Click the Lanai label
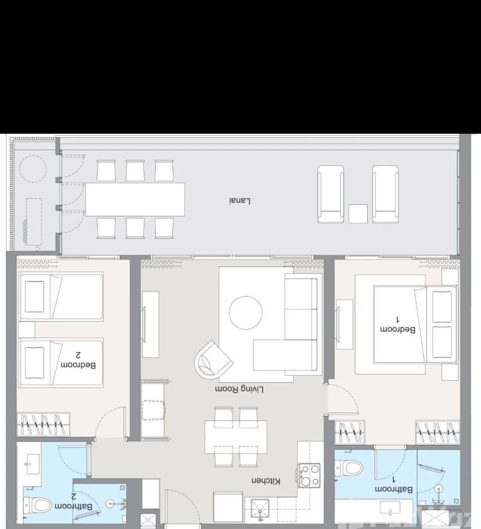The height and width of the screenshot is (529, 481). [239, 201]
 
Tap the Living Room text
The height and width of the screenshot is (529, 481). [239, 389]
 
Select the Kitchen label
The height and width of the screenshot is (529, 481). [266, 481]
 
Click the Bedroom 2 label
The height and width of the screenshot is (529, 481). [78, 360]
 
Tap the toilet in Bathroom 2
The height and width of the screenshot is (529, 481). [37, 504]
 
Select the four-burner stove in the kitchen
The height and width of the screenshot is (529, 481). [309, 474]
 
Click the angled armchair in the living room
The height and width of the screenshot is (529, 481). [213, 359]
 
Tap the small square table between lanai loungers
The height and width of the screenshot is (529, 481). [358, 214]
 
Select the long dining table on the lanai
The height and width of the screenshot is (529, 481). [135, 199]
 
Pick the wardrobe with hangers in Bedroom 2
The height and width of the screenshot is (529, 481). [43, 425]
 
